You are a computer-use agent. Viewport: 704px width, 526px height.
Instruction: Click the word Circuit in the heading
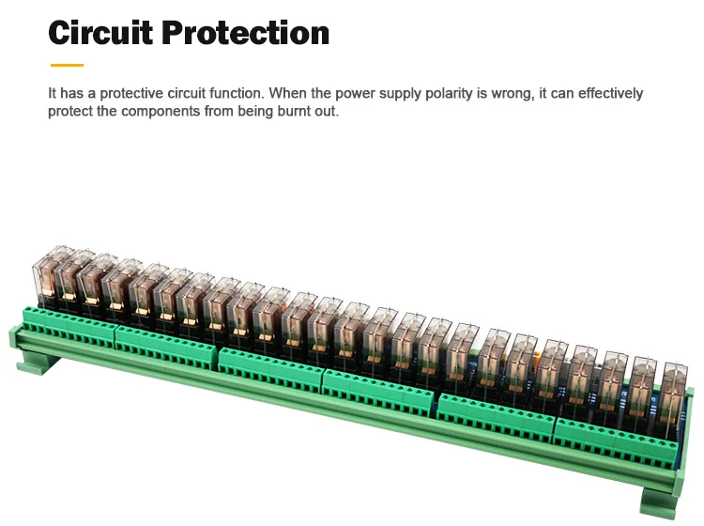tap(100, 33)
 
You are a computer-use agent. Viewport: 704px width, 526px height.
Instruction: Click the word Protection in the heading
tap(245, 33)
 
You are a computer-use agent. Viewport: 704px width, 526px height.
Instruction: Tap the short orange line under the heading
tap(67, 66)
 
